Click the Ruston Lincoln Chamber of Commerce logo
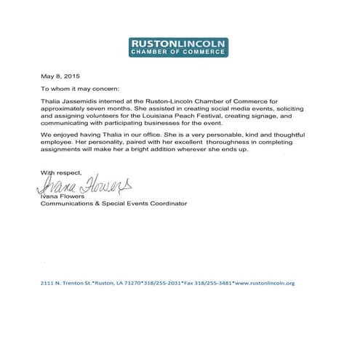(x=179, y=47)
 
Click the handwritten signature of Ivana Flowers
(x=87, y=185)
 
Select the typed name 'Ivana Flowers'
(x=63, y=196)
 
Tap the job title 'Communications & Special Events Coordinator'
(x=113, y=204)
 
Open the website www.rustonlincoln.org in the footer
(x=265, y=283)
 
